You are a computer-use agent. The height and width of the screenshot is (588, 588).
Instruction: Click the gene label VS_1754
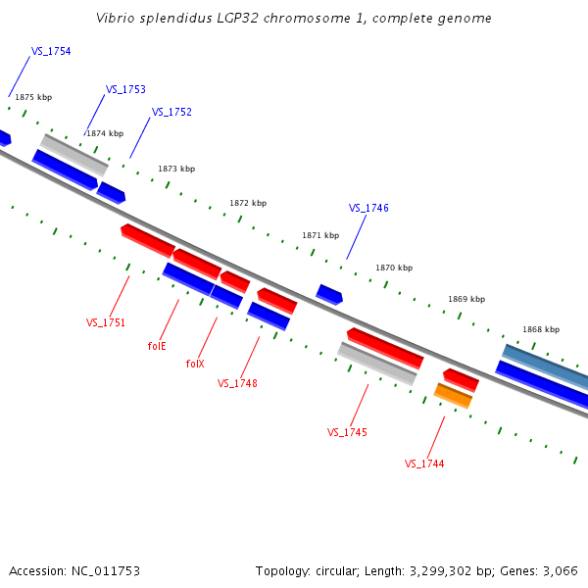(51, 51)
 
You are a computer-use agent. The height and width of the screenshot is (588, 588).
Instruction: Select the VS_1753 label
(125, 89)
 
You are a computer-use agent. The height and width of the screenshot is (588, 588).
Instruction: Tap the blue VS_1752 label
(171, 112)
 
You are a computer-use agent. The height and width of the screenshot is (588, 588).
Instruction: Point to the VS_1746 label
(368, 208)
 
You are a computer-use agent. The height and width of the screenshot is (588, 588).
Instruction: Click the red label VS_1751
(106, 322)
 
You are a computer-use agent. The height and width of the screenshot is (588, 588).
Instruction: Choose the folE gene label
(157, 346)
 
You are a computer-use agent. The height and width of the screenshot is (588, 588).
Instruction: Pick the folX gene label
(195, 364)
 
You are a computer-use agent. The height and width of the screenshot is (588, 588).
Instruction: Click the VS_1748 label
(237, 383)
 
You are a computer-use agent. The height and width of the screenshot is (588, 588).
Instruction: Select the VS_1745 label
(347, 432)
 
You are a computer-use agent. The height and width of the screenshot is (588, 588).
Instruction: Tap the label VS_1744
(424, 464)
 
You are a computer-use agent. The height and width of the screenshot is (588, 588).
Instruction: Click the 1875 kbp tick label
(33, 97)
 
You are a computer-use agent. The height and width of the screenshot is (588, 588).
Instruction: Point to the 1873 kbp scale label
(176, 169)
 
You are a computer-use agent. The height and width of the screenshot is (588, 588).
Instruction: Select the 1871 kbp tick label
(320, 235)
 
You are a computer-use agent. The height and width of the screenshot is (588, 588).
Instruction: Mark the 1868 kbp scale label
(541, 329)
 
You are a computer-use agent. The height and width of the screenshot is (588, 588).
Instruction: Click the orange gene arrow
(453, 395)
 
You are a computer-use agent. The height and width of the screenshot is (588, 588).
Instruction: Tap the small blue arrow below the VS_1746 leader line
(329, 294)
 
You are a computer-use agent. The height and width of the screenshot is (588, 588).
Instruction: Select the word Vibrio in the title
(116, 18)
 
